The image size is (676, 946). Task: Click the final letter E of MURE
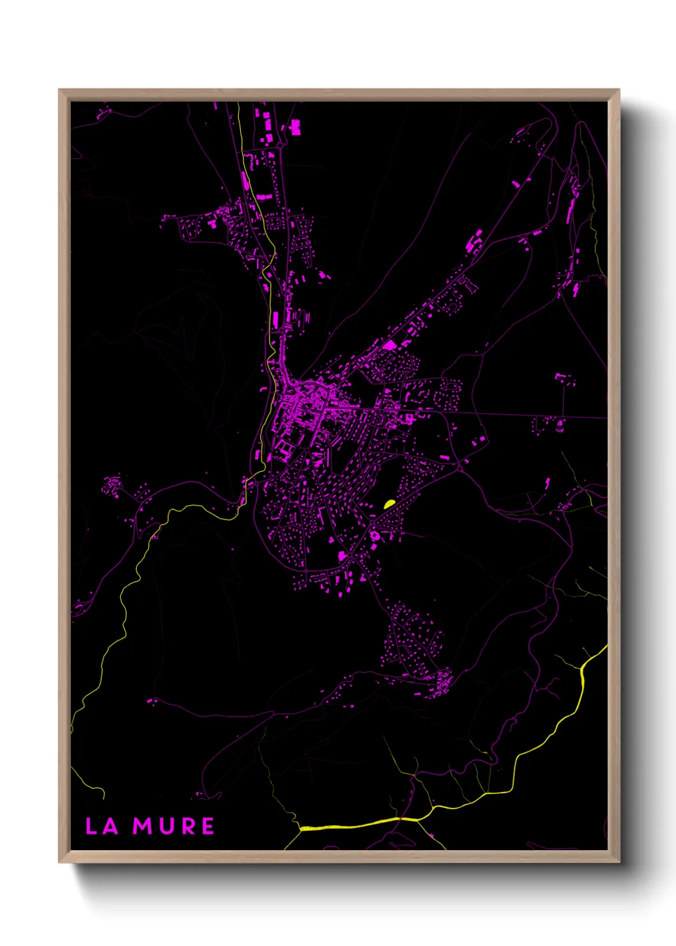pos(208,826)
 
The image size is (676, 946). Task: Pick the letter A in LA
pos(111,826)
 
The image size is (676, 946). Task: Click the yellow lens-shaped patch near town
pos(389,504)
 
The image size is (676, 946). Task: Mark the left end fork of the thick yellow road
pos(300,829)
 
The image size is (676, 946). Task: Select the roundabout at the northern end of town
pos(280,146)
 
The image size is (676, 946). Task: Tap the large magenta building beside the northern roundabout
pos(295,127)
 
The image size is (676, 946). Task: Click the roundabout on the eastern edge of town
pos(459,469)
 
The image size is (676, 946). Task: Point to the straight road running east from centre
pos(511,414)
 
